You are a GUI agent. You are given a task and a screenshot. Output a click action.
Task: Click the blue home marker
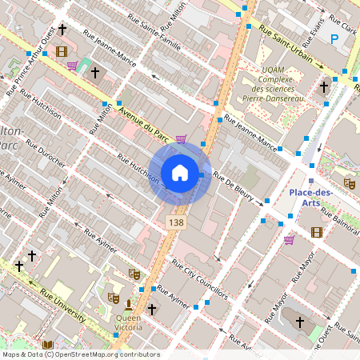(180, 172)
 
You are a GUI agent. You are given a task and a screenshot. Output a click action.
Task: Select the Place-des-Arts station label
(310, 197)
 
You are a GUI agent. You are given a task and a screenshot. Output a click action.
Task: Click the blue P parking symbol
(335, 38)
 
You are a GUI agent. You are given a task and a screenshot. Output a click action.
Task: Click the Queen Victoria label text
(128, 322)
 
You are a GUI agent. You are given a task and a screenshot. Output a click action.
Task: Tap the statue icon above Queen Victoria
(128, 304)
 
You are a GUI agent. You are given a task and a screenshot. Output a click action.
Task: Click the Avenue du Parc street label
(144, 122)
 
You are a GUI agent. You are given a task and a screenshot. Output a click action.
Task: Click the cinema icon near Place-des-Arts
(317, 232)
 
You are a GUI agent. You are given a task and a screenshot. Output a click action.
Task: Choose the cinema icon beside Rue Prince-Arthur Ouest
(62, 52)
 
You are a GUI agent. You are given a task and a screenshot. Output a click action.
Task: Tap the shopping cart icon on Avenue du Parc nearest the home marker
(182, 139)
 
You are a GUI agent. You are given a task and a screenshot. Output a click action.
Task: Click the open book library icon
(47, 345)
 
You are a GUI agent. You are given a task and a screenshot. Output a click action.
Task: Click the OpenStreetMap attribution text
(80, 354)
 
